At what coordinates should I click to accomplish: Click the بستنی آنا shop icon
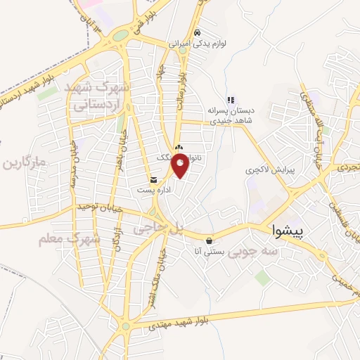209,240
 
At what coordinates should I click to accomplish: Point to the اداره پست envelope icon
153,179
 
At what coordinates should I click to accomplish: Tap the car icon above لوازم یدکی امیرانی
198,32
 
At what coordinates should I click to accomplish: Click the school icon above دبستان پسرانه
229,100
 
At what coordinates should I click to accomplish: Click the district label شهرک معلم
70,240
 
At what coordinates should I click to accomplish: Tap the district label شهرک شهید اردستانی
99,96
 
